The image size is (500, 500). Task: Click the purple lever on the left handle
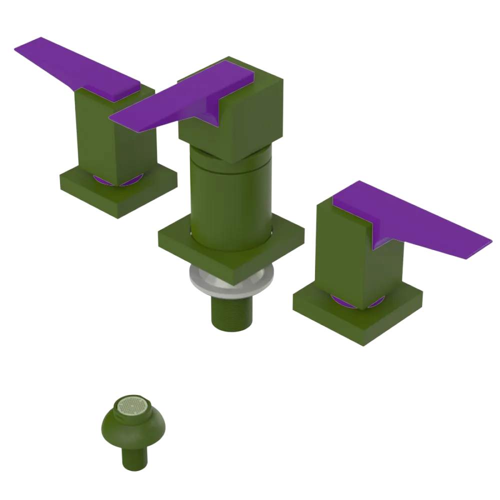80,67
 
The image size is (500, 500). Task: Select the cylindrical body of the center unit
230,200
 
